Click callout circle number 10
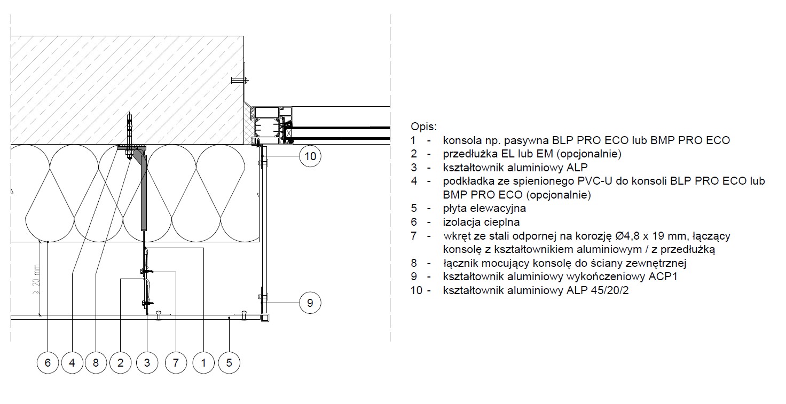pyautogui.click(x=310, y=156)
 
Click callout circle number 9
pyautogui.click(x=310, y=303)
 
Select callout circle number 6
pyautogui.click(x=48, y=362)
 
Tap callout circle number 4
pyautogui.click(x=72, y=362)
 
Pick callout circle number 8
pyautogui.click(x=96, y=362)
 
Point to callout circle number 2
pyautogui.click(x=120, y=362)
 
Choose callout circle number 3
pyautogui.click(x=147, y=362)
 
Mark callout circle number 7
pyautogui.click(x=176, y=362)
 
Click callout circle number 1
pyautogui.click(x=203, y=362)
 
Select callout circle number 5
pyautogui.click(x=229, y=362)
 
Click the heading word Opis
pyautogui.click(x=423, y=126)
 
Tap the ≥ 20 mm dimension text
pyautogui.click(x=36, y=279)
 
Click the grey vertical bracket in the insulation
pyautogui.click(x=144, y=193)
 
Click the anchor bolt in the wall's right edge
pyautogui.click(x=240, y=80)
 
